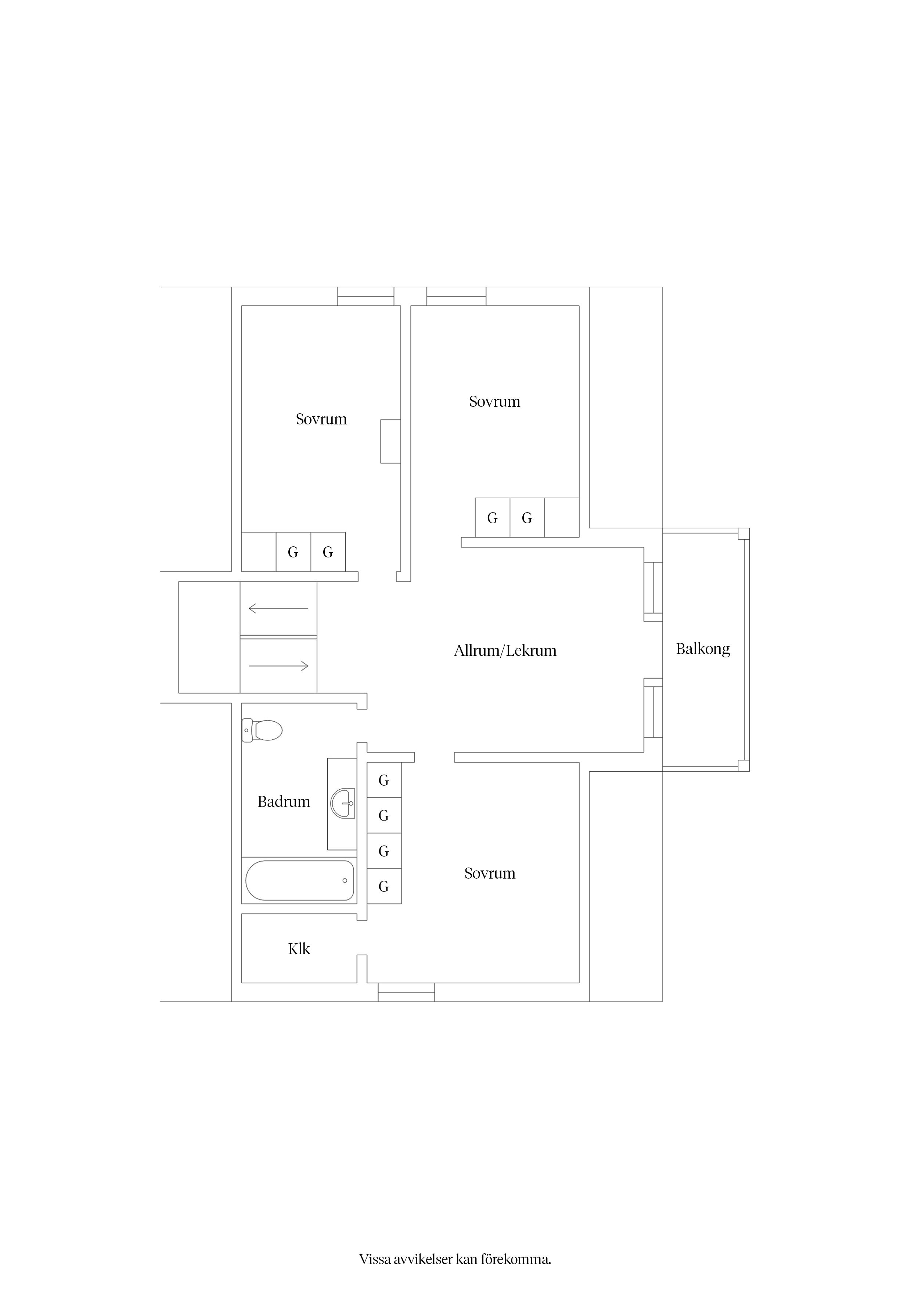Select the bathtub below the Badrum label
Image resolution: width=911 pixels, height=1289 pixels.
tap(300, 880)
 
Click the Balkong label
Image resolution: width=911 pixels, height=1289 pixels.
tap(703, 649)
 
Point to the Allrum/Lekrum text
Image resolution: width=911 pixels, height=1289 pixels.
tap(505, 651)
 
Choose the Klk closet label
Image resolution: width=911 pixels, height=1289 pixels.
tap(299, 949)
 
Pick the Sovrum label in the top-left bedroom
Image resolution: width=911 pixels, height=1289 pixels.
tap(321, 419)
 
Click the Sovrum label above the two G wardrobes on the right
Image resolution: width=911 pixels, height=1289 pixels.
tap(494, 401)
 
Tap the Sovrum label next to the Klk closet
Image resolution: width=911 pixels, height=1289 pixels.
tap(489, 873)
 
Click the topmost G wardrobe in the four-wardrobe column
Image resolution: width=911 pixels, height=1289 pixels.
tap(384, 780)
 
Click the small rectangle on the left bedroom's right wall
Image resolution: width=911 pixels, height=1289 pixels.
tap(391, 441)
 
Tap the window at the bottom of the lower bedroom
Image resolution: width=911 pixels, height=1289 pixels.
tap(406, 992)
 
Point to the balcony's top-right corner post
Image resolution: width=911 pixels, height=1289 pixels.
tap(744, 533)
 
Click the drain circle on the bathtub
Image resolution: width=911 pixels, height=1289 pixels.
tap(345, 880)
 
